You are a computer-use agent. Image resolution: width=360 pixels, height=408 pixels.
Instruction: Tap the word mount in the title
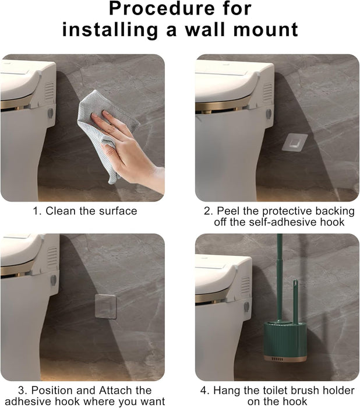coord(267,29)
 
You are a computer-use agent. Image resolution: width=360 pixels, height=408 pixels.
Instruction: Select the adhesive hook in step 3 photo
coord(105,306)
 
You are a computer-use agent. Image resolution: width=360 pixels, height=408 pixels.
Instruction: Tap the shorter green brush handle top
coord(295,285)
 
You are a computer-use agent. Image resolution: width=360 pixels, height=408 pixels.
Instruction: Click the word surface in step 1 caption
coord(117,211)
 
